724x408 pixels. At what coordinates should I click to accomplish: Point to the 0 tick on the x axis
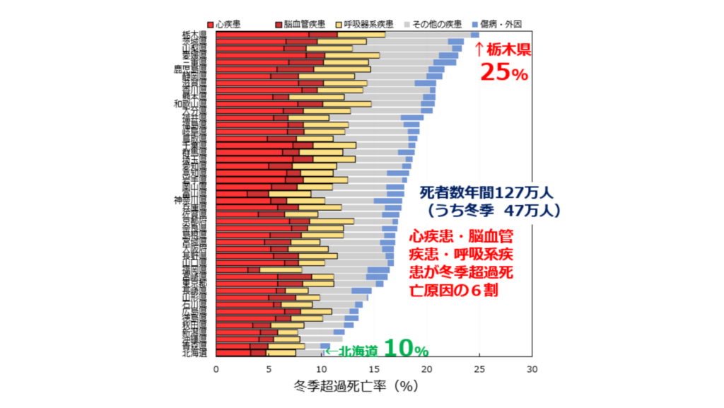click(216, 369)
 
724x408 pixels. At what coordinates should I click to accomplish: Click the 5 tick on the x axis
click(269, 369)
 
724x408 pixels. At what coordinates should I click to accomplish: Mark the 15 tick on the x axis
click(374, 369)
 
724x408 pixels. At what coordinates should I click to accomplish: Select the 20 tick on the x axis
click(427, 369)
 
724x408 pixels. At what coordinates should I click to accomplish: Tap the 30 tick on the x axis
click(532, 369)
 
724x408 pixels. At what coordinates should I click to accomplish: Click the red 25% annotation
click(504, 72)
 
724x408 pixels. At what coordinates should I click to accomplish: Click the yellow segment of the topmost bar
click(361, 34)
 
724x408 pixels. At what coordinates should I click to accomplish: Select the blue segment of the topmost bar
click(475, 34)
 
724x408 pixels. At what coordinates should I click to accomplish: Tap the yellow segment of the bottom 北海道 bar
click(281, 353)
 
